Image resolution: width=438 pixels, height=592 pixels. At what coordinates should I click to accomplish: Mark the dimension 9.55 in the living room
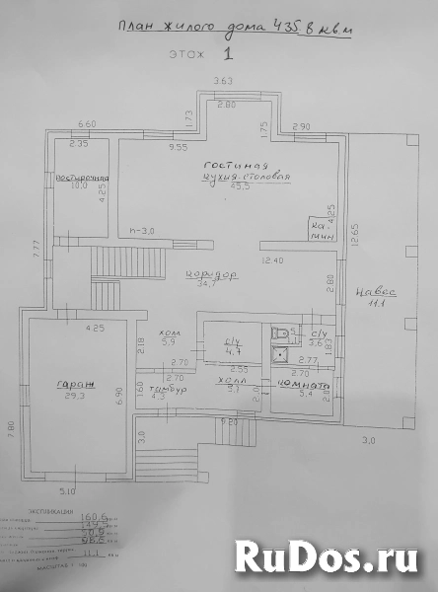(x=178, y=146)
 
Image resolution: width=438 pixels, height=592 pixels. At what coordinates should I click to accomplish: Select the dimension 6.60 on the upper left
(x=87, y=124)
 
